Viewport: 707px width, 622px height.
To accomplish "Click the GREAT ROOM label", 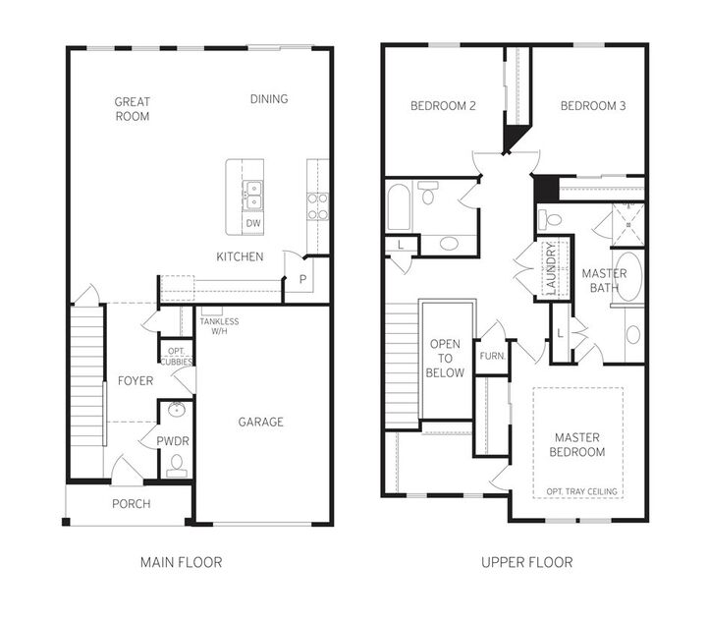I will pyautogui.click(x=132, y=108).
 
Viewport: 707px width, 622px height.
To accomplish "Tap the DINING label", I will pyautogui.click(x=269, y=99).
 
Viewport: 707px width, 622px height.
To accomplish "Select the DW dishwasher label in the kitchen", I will pyautogui.click(x=253, y=223).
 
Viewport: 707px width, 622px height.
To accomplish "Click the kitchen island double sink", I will pyautogui.click(x=253, y=194).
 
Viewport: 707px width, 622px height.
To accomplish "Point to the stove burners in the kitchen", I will pyautogui.click(x=317, y=204).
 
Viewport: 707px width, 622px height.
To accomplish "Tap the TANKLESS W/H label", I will pyautogui.click(x=218, y=326).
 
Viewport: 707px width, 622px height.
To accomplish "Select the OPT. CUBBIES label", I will pyautogui.click(x=177, y=355).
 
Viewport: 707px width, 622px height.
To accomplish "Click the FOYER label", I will pyautogui.click(x=136, y=381).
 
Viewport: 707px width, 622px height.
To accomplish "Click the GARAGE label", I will pyautogui.click(x=261, y=422).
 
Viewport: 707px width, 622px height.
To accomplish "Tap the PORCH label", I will pyautogui.click(x=132, y=504).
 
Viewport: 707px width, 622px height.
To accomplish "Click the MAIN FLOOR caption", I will pyautogui.click(x=181, y=562).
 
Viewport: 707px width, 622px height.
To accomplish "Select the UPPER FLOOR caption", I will pyautogui.click(x=526, y=562).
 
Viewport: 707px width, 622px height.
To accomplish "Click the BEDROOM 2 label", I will pyautogui.click(x=443, y=106).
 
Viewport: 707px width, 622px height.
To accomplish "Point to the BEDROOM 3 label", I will pyautogui.click(x=593, y=106).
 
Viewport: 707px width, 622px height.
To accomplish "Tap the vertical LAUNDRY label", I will pyautogui.click(x=551, y=265).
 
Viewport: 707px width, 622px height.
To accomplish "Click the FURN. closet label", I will pyautogui.click(x=491, y=356).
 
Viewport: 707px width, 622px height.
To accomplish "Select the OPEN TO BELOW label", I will pyautogui.click(x=447, y=359).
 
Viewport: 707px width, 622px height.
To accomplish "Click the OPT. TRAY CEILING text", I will pyautogui.click(x=579, y=491).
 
